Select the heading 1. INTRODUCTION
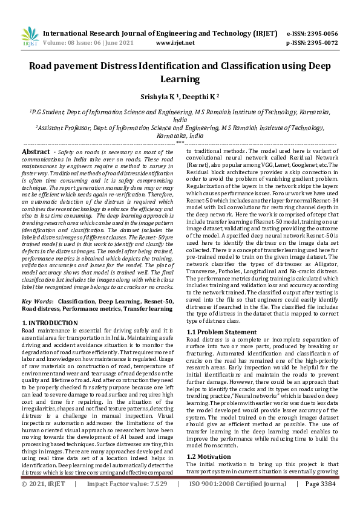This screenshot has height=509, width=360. pyautogui.click(x=49, y=323)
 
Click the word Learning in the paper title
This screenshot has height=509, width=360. pyautogui.click(x=180, y=79)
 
